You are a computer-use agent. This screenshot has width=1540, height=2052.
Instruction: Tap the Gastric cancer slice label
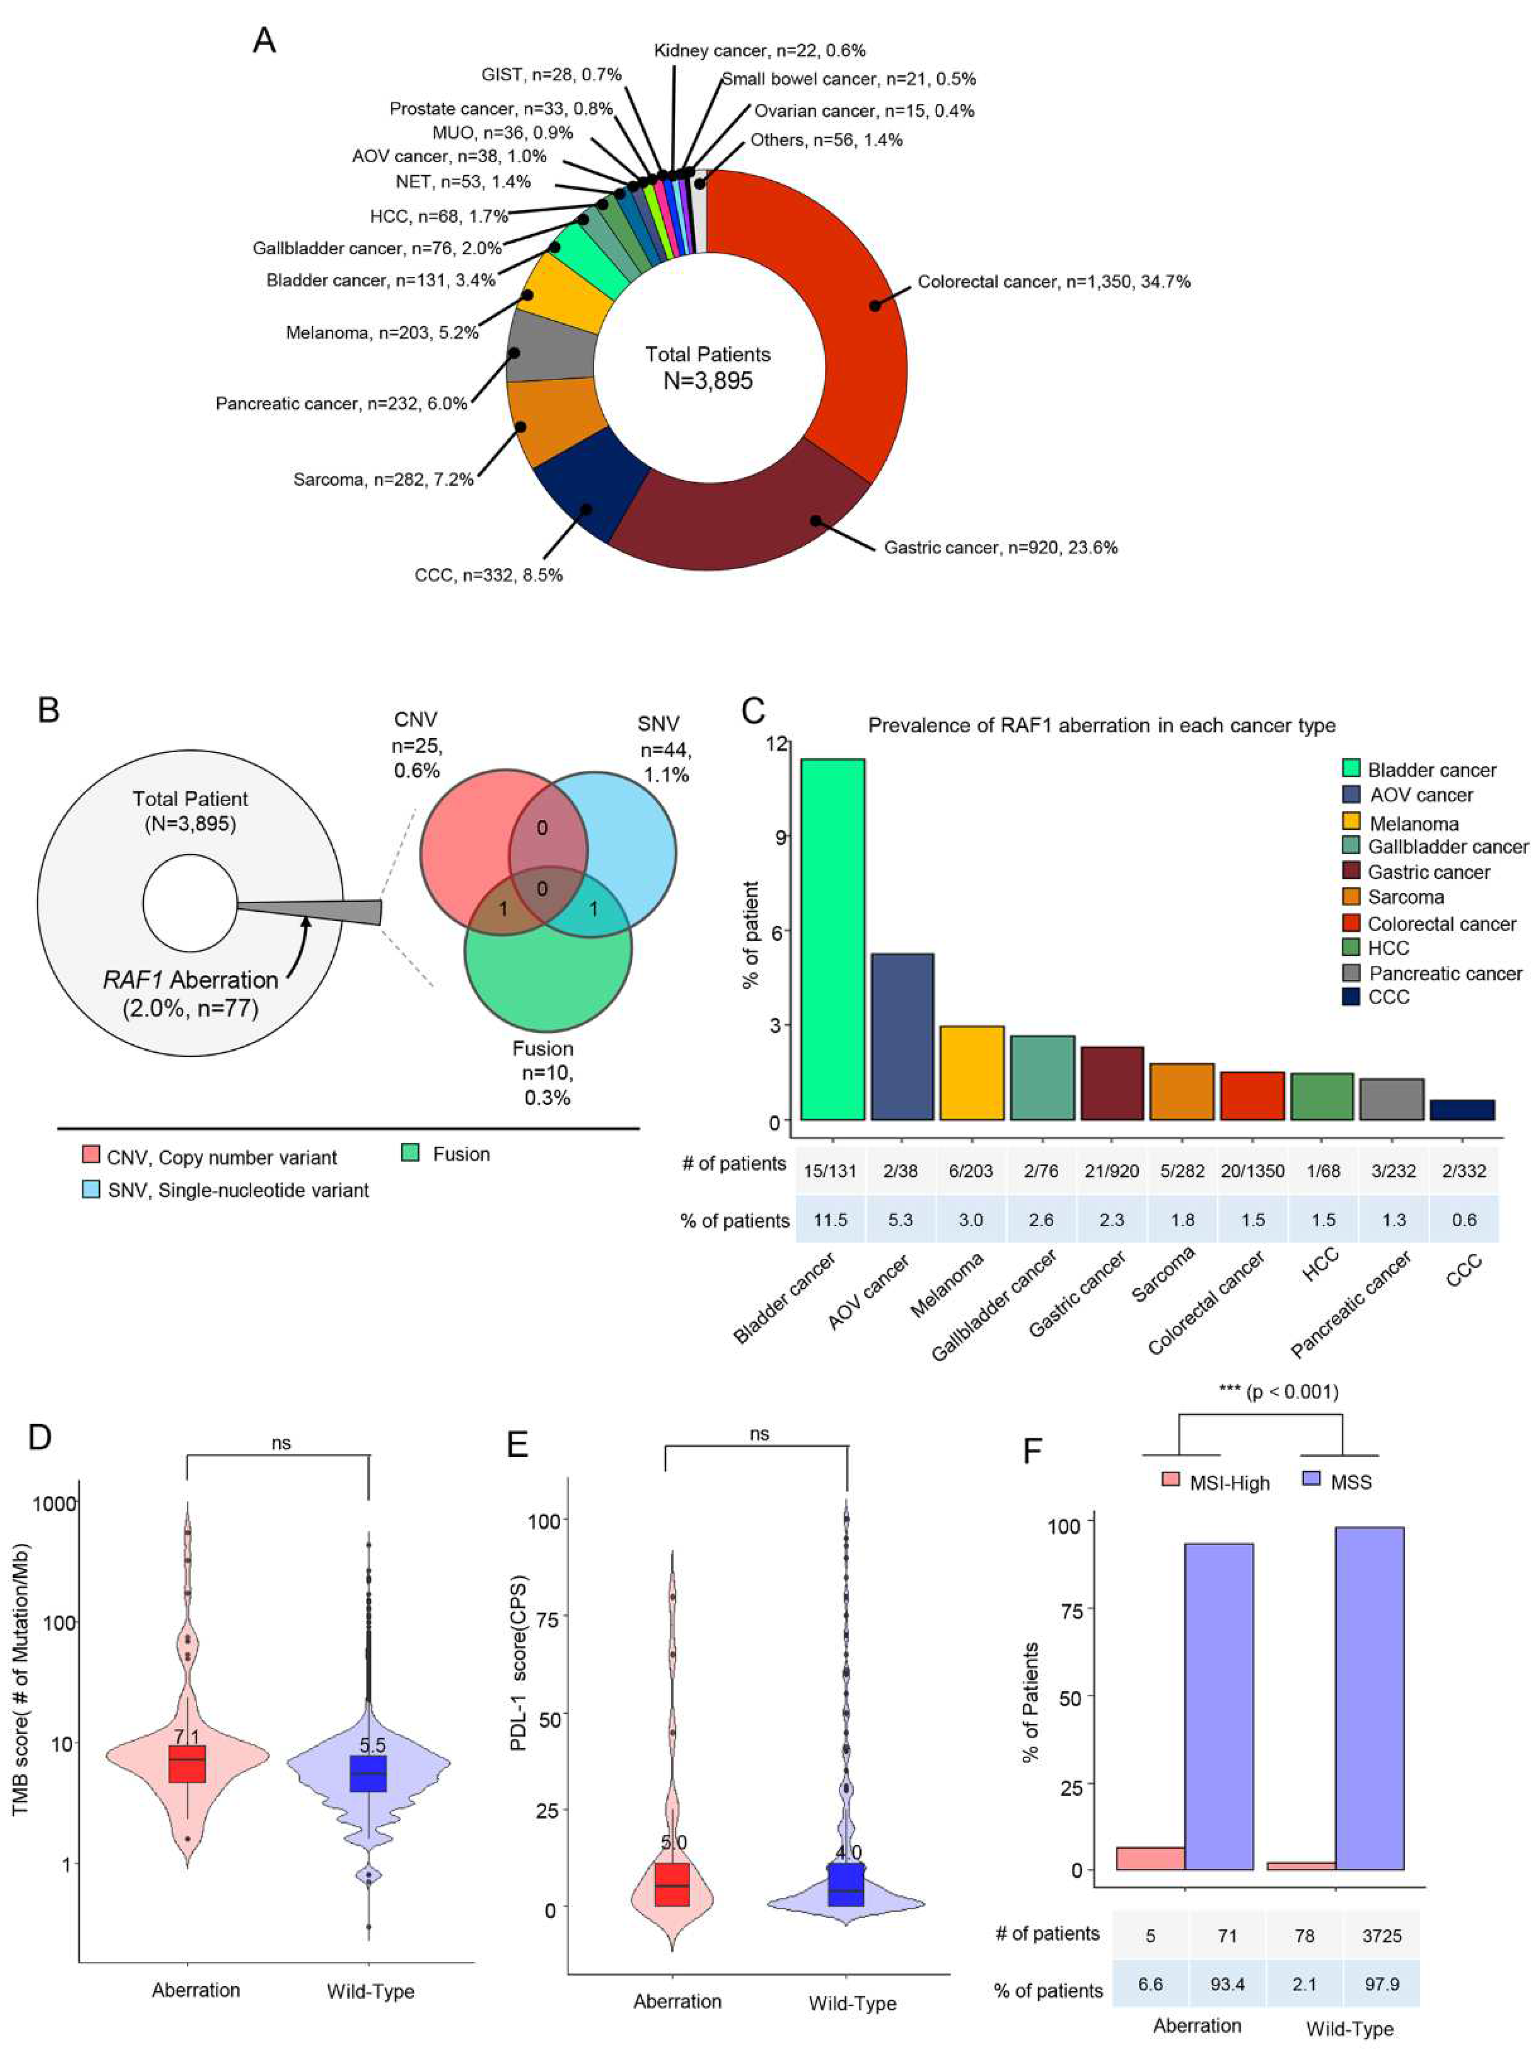tap(1000, 547)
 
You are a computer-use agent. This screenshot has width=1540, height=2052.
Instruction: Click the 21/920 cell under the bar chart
tap(1111, 1171)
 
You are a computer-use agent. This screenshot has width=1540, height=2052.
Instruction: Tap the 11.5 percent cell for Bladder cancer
tap(830, 1220)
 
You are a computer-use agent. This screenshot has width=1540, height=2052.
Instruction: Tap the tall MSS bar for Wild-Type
tap(1368, 1698)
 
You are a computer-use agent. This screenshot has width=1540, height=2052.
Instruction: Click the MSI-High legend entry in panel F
tap(1215, 1482)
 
